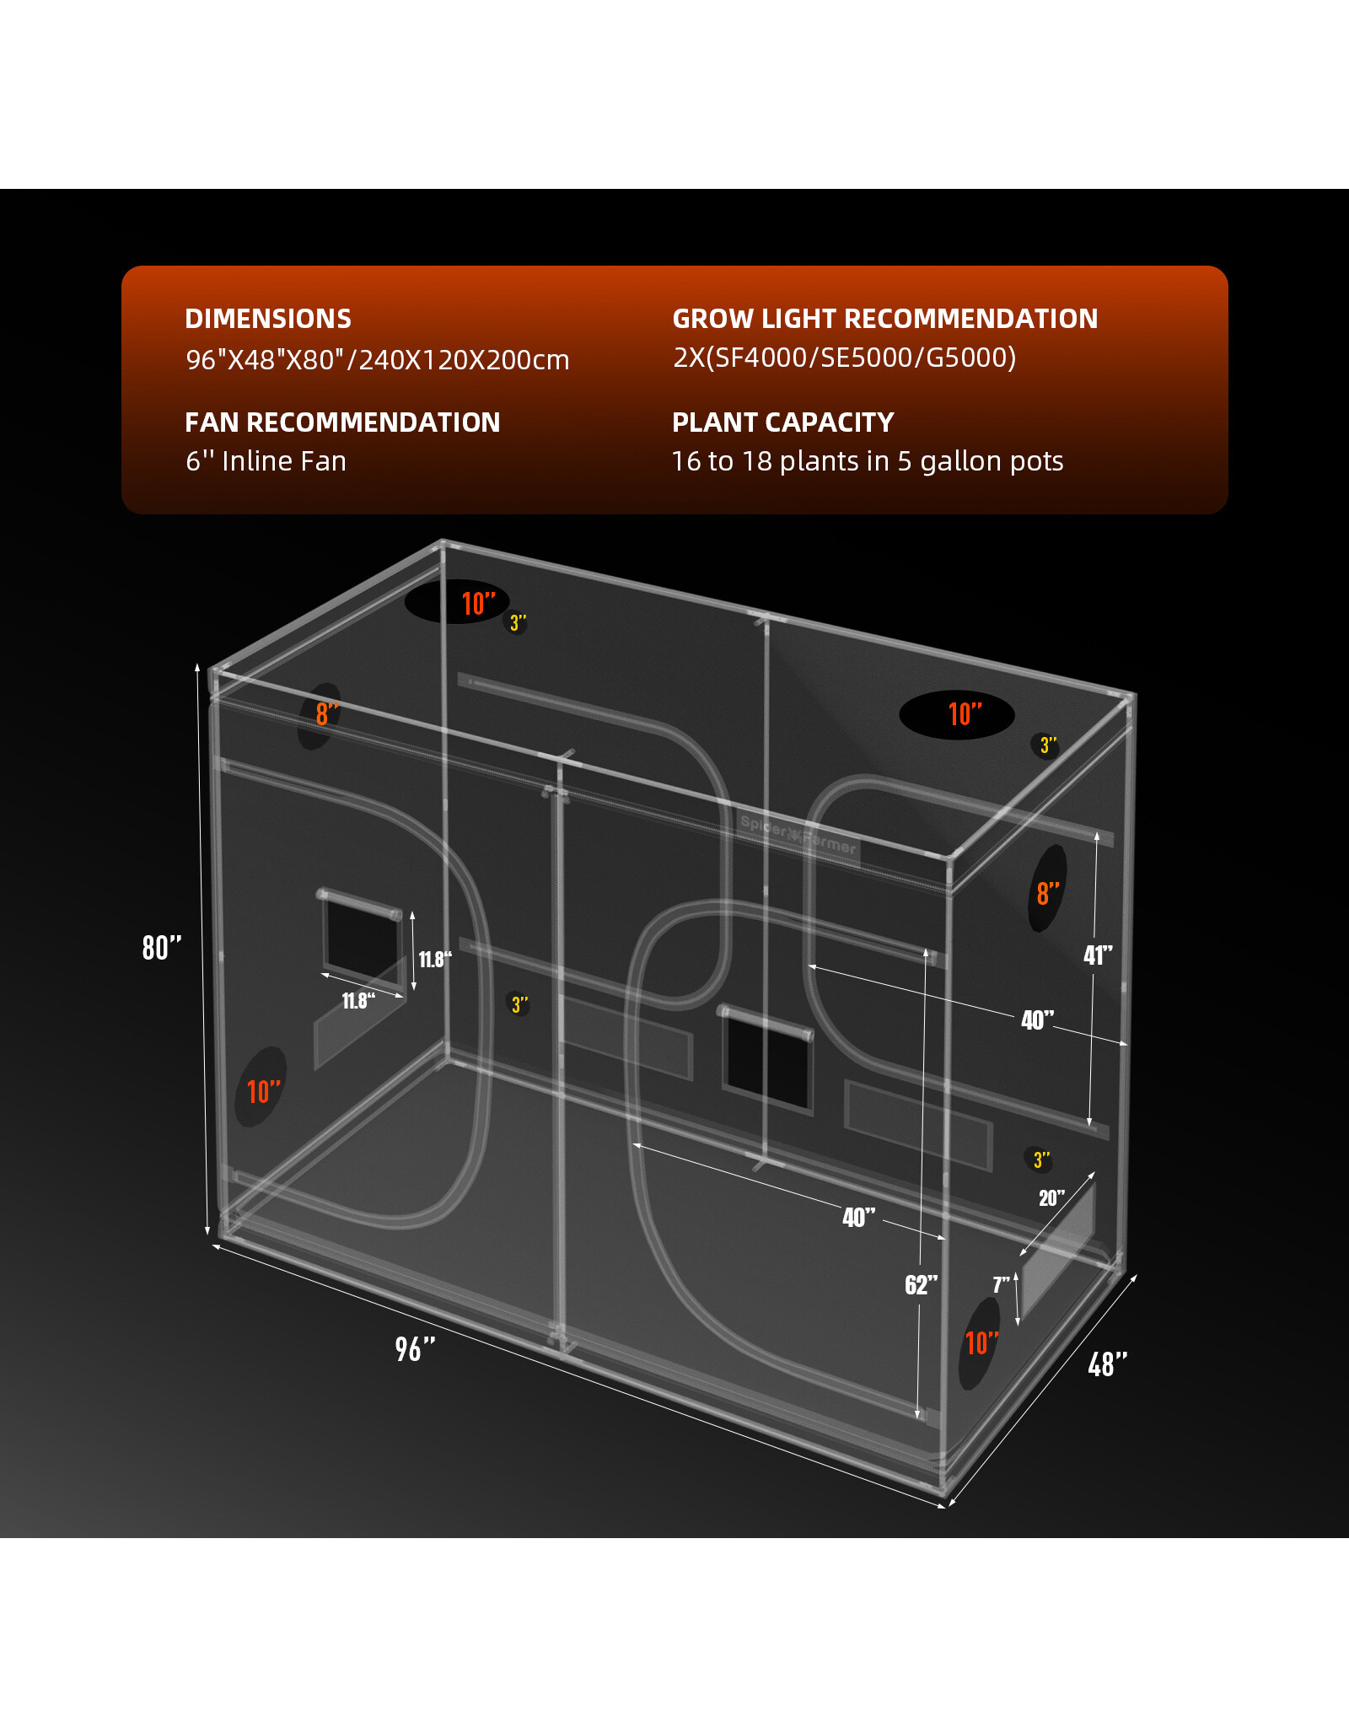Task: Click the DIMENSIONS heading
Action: pos(268,319)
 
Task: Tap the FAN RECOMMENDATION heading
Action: pos(342,422)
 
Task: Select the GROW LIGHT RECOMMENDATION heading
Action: pos(884,319)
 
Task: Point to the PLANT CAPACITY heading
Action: pos(782,422)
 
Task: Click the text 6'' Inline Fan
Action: pos(266,461)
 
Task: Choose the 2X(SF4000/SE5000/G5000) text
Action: pos(844,358)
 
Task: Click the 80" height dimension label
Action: pos(161,948)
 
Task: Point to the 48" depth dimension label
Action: pos(1107,1364)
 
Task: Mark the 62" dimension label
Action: pos(921,1285)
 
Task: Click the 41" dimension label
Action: pos(1098,955)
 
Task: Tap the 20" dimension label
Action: pos(1051,1198)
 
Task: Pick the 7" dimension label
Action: pos(1001,1285)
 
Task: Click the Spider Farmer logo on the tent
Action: pos(798,836)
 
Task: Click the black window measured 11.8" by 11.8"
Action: pos(363,935)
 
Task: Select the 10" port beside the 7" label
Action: pos(979,1343)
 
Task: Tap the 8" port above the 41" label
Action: pos(1048,890)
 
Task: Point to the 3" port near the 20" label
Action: pos(1040,1160)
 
